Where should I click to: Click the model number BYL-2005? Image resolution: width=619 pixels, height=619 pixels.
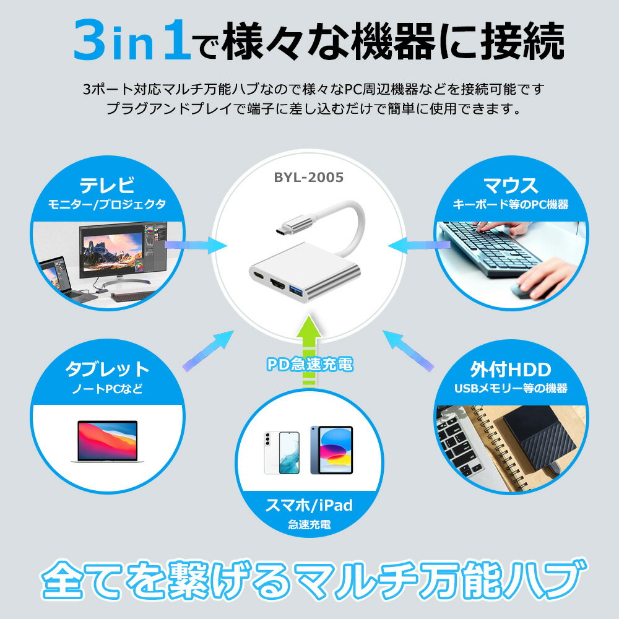(x=309, y=177)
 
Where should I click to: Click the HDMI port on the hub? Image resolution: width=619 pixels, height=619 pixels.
(x=279, y=285)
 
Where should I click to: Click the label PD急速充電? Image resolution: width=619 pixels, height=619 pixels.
(x=309, y=364)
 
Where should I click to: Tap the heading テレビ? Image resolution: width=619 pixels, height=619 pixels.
(x=107, y=185)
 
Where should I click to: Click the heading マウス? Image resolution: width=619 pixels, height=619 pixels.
(x=511, y=185)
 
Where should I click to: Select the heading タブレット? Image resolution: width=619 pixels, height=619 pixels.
(x=107, y=369)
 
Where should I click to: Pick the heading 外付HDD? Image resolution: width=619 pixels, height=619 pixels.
(x=511, y=370)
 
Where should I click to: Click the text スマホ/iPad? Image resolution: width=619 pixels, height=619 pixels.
(x=309, y=505)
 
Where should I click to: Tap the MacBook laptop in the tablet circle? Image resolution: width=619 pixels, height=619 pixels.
(x=107, y=441)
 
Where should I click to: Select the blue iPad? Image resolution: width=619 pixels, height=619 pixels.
(x=331, y=450)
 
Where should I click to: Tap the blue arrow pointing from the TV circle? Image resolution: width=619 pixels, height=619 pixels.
(x=196, y=246)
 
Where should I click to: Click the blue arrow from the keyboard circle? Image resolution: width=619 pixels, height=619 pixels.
(x=419, y=246)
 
